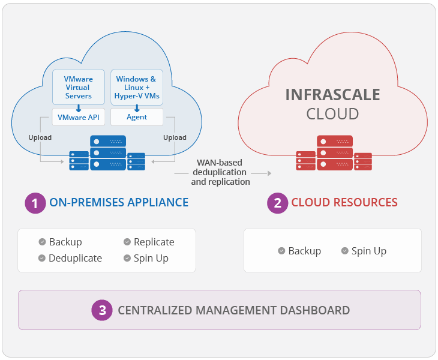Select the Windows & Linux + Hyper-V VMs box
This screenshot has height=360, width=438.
click(x=136, y=87)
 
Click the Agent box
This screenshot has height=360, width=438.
click(x=136, y=117)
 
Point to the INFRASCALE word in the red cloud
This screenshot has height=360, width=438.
click(x=332, y=95)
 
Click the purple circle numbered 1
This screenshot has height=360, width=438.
click(x=35, y=203)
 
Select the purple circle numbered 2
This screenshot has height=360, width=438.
click(x=277, y=203)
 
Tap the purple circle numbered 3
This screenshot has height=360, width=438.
click(x=103, y=310)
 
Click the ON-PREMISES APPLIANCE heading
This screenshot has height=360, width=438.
click(x=119, y=203)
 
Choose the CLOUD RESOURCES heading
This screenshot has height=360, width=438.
click(x=344, y=203)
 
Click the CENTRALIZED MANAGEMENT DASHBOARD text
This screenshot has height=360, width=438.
click(x=233, y=310)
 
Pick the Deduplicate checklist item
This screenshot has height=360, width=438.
click(x=75, y=258)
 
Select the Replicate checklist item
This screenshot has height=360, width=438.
click(x=154, y=242)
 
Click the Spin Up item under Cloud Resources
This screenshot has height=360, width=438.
click(x=368, y=251)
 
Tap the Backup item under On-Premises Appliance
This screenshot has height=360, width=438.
click(x=65, y=242)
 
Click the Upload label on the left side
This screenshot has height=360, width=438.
click(x=40, y=137)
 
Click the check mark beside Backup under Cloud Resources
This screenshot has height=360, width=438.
click(x=281, y=251)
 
